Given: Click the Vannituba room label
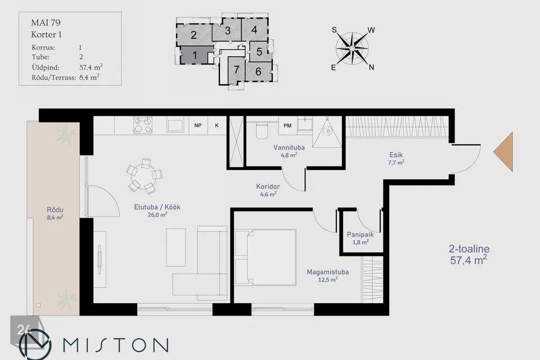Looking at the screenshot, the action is point(289,147).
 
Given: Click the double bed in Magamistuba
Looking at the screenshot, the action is point(265,257).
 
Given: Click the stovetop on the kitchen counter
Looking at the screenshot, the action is point(143,125).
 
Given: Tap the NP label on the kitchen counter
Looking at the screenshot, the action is point(197,125).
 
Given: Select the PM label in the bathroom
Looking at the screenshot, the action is point(287,126).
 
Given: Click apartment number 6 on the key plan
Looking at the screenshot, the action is point(258,71).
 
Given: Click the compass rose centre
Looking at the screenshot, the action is point(352,48).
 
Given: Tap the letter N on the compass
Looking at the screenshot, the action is point(371,67).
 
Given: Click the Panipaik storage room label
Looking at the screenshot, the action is point(360,235).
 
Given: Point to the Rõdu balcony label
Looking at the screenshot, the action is point(55,210).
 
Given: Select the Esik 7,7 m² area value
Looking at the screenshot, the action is point(396,163).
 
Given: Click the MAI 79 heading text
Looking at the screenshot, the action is point(46,22).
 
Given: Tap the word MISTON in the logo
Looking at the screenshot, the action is point(116,345).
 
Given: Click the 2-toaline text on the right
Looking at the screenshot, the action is point(469,249).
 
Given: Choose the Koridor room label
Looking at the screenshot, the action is point(268,186).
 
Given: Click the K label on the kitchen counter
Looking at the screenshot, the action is point(217,125).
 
